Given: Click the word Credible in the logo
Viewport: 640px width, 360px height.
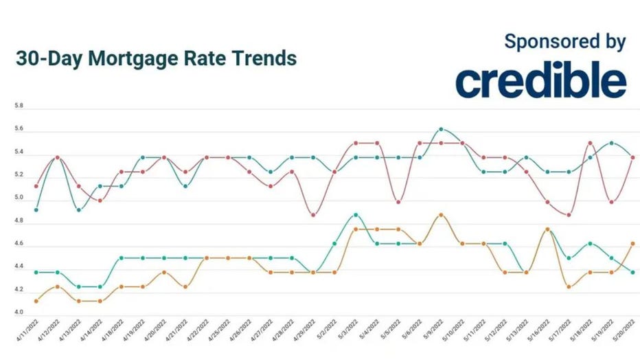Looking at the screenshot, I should tap(540, 81).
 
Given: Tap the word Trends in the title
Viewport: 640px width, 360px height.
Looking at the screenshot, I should tap(263, 58).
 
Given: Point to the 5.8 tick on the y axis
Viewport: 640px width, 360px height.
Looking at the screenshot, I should tap(19, 106).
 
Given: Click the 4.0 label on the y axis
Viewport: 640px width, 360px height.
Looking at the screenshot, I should tap(19, 313).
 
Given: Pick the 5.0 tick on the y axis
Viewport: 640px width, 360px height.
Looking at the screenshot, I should tap(19, 198).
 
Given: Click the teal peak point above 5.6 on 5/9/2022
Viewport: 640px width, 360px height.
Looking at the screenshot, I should tap(441, 129).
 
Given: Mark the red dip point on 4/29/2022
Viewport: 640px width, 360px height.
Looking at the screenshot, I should tap(313, 215).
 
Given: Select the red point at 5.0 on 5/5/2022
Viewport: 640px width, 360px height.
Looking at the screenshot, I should tap(398, 202).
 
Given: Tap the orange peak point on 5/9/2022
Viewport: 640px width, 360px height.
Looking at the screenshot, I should tap(441, 215).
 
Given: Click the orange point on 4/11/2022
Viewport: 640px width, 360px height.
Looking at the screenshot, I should tap(36, 301).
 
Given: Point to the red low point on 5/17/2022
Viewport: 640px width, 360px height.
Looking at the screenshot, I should tap(569, 215).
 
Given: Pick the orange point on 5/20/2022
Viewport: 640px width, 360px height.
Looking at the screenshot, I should tap(632, 243).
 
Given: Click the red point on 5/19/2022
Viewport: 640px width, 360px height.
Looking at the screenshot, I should tap(611, 202).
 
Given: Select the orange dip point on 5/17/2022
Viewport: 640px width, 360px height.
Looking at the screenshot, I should tap(569, 286).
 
